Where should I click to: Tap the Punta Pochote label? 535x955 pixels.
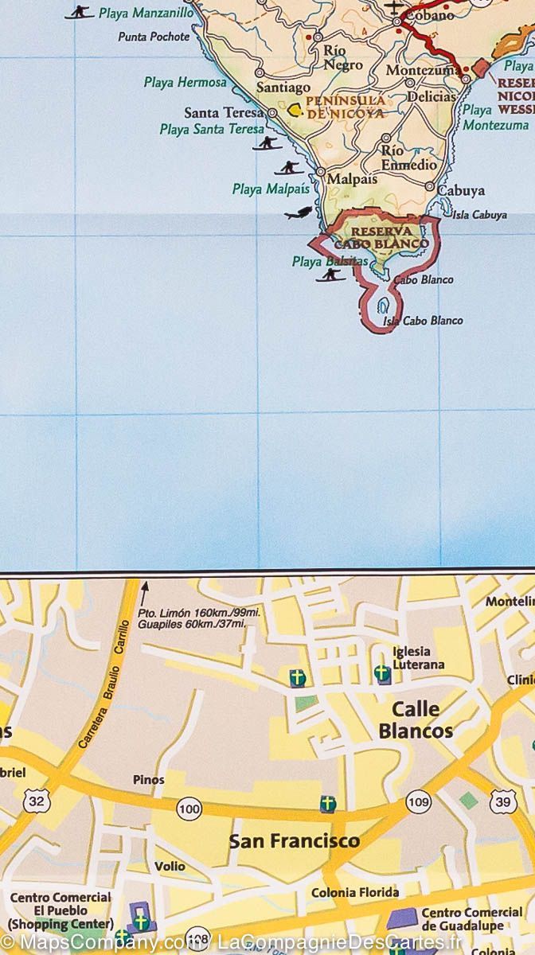(x=154, y=37)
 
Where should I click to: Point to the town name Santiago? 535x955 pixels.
(x=283, y=88)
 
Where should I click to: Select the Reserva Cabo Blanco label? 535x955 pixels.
(x=381, y=237)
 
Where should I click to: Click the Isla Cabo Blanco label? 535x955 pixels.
(x=423, y=321)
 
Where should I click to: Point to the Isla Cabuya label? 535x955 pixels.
(x=479, y=215)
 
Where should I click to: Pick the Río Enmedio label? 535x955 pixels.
(x=408, y=158)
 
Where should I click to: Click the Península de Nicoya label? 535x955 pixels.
(x=346, y=107)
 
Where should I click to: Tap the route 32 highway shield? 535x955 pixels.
(x=37, y=801)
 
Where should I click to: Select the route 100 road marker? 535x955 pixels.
(x=189, y=809)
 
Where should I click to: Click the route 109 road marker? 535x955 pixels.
(x=418, y=801)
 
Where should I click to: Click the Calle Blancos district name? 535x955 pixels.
(x=416, y=719)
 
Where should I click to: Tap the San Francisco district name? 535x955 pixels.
(x=295, y=840)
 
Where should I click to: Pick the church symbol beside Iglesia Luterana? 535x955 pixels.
(x=382, y=674)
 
